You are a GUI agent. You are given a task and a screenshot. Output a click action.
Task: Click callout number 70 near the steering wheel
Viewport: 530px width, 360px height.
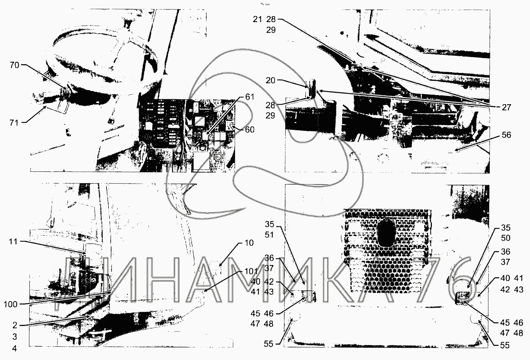point(15,65)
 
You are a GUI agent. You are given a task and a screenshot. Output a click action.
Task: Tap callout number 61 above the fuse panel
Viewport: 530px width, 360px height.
point(249,97)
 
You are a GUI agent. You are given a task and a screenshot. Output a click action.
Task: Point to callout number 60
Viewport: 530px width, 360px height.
point(249,130)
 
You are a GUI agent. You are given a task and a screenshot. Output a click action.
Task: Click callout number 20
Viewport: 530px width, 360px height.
point(270,81)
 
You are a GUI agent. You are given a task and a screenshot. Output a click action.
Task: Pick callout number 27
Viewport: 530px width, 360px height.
point(506,108)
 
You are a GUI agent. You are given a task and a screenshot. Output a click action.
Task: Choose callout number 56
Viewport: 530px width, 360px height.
point(506,135)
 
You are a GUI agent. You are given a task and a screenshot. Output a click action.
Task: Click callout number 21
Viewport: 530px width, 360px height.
point(257,19)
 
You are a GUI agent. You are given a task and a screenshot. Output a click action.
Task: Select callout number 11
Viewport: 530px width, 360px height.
point(14,242)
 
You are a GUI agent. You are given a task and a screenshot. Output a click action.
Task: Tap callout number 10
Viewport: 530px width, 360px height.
point(249,243)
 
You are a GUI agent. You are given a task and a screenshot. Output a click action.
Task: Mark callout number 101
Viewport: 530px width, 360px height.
point(250,272)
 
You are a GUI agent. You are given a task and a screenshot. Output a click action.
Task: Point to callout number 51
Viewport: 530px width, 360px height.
point(270,235)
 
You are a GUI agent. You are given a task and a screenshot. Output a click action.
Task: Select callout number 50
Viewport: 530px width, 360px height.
point(506,238)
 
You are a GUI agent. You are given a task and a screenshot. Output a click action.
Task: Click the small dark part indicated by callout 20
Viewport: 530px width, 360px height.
point(312,88)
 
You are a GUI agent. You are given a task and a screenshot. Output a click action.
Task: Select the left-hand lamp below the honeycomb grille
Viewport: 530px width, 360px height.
point(308,295)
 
